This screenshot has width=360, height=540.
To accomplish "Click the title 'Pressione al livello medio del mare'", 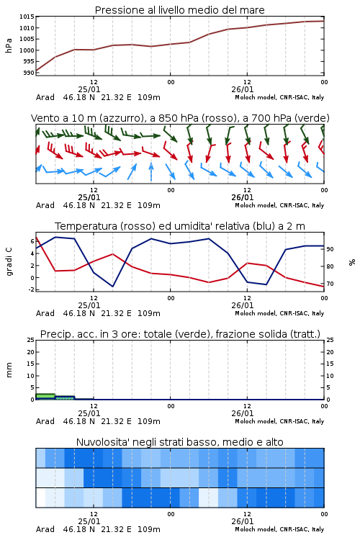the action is [x=179, y=10].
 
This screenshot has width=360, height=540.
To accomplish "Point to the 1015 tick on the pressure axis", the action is [x=27, y=17].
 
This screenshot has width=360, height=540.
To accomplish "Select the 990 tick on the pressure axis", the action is [x=29, y=73].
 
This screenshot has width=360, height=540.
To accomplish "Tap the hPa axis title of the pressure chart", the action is [x=9, y=45].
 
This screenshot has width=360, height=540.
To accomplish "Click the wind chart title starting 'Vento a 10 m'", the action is [x=180, y=118].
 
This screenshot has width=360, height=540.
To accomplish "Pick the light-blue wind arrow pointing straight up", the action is [x=151, y=171].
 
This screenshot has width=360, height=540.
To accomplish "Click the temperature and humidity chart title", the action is [x=179, y=226].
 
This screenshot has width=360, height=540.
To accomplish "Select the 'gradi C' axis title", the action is [x=9, y=261].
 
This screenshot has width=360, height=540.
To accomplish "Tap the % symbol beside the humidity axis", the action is [x=352, y=262].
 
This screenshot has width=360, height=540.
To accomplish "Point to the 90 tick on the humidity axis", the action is [x=330, y=249].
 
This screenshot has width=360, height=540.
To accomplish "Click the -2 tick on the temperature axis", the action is [x=31, y=289].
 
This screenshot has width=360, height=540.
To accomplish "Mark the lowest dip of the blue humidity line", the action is [x=112, y=286].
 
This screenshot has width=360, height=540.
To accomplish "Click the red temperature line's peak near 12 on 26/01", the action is [x=247, y=263].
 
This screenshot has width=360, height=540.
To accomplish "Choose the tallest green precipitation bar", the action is [x=45, y=397].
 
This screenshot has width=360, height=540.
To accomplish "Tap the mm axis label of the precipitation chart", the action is [x=9, y=370].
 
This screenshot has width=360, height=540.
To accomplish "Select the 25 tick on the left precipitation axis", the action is [x=31, y=340].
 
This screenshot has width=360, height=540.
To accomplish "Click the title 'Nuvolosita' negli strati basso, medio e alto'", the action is [x=179, y=442].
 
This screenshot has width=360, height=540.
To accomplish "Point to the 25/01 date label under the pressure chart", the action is [x=89, y=89].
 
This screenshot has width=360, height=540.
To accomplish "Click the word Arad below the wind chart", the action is [x=45, y=205].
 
